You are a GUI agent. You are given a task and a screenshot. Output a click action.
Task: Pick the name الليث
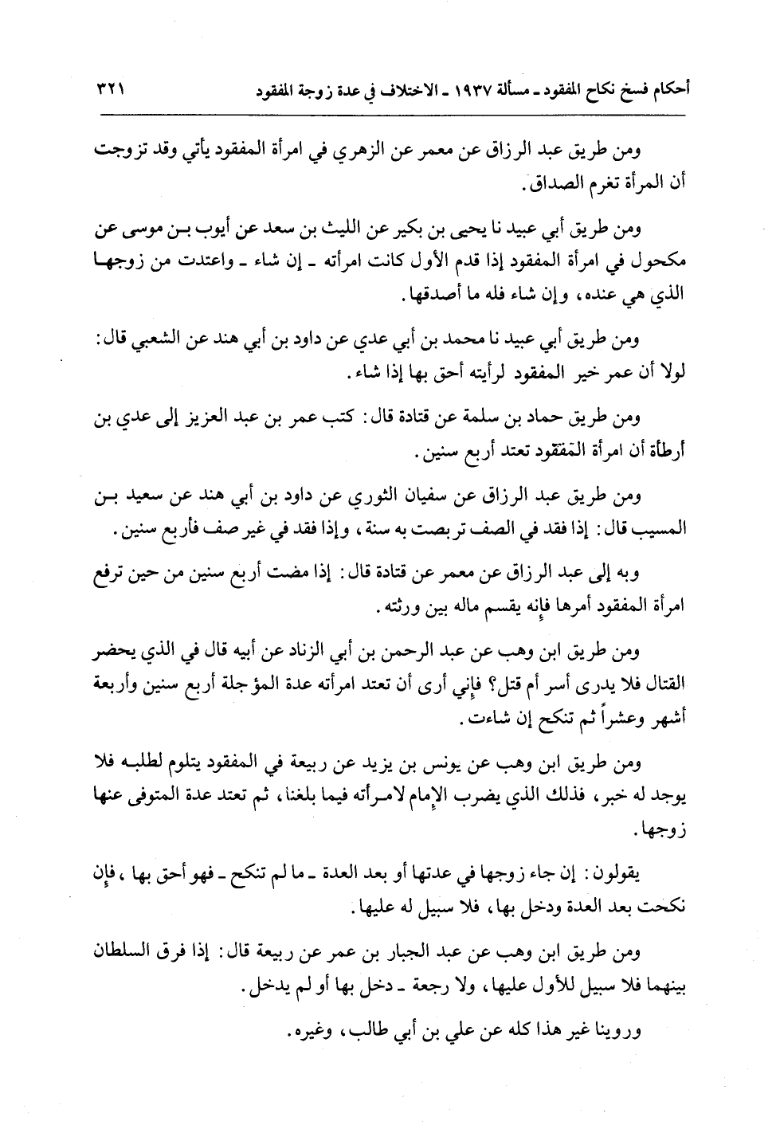point(393,231)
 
